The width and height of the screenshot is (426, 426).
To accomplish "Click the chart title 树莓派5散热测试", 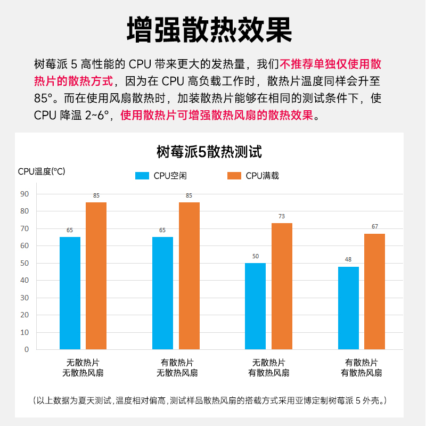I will click(x=209, y=152).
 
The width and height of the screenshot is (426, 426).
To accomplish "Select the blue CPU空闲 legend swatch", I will click(x=143, y=176).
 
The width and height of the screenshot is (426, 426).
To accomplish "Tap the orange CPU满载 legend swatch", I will click(x=235, y=176).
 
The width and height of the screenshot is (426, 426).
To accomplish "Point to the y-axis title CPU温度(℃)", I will click(x=42, y=171).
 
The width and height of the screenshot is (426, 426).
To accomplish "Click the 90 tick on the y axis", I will click(x=24, y=194).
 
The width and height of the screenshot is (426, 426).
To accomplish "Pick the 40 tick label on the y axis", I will click(x=24, y=280).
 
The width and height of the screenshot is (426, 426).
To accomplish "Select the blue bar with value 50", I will click(x=255, y=306).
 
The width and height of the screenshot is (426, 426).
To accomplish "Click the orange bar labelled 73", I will click(x=282, y=286).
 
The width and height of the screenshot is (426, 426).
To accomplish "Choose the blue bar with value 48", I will click(x=348, y=308).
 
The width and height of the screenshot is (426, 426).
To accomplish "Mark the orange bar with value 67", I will click(x=374, y=291).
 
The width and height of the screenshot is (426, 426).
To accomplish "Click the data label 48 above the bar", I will click(x=348, y=259).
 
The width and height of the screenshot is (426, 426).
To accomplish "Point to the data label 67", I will click(x=374, y=226).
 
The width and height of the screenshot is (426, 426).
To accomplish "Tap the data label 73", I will click(x=282, y=216).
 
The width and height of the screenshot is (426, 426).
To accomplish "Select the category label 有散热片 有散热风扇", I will click(x=362, y=367).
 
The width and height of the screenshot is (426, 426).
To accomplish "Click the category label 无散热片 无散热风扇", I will click(x=83, y=367).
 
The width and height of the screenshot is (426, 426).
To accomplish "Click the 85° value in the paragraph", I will click(x=45, y=99).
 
